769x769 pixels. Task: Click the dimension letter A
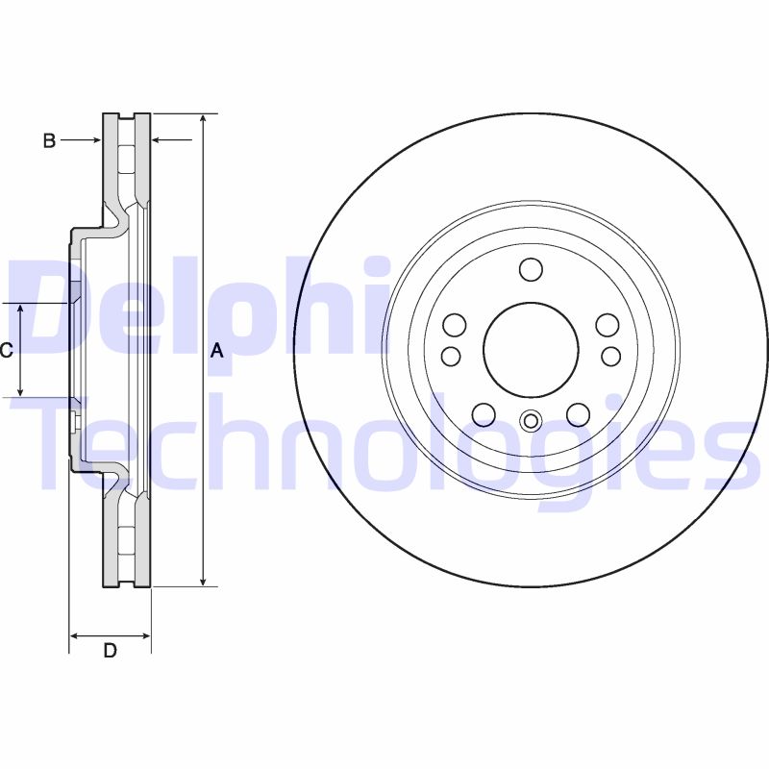pyautogui.click(x=217, y=351)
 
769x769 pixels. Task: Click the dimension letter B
pyautogui.click(x=49, y=141)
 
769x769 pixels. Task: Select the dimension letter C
pyautogui.click(x=6, y=351)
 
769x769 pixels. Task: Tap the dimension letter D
pyautogui.click(x=110, y=651)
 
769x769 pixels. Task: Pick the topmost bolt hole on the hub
pyautogui.click(x=531, y=269)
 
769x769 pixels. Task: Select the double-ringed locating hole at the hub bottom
pyautogui.click(x=531, y=420)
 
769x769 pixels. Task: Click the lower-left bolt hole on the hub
pyautogui.click(x=484, y=414)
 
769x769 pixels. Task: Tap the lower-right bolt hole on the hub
pyautogui.click(x=578, y=414)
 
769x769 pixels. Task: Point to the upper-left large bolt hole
pyautogui.click(x=455, y=325)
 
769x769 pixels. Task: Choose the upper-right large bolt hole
pyautogui.click(x=607, y=325)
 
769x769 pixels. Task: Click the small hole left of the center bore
pyautogui.click(x=451, y=357)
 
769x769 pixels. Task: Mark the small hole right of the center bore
pyautogui.click(x=610, y=357)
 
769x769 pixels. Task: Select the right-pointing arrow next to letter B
pyautogui.click(x=94, y=141)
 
